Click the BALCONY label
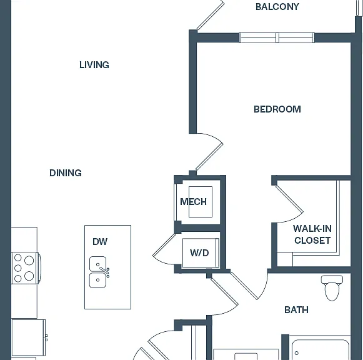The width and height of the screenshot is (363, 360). coord(277,7)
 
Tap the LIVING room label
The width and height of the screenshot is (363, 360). coord(94,65)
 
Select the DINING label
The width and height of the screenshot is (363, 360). coord(66,173)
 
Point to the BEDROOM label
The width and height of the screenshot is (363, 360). coord(277,109)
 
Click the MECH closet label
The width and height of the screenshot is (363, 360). coord(193,202)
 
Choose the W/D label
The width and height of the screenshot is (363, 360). coord(199,252)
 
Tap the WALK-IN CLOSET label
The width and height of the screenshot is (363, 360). coord(312,234)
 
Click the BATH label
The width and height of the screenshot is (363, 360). coord(296,310)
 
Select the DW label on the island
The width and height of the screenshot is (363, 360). coord(100,242)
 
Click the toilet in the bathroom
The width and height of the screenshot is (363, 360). coord(332,287)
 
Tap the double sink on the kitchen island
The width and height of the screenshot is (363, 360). coord(98,272)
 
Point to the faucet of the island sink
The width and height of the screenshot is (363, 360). coord(105,272)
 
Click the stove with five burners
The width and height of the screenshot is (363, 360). coord(26,268)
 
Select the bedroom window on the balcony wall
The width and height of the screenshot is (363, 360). coord(277,37)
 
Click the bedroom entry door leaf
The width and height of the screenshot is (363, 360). coord(209,157)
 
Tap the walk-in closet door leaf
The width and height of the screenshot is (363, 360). coord(289,199)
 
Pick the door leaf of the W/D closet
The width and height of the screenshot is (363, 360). coord(164,245)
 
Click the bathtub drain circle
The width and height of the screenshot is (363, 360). coord(297,353)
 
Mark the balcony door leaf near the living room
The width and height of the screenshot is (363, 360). coord(211,16)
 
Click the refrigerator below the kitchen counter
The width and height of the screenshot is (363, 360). coord(29,339)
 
